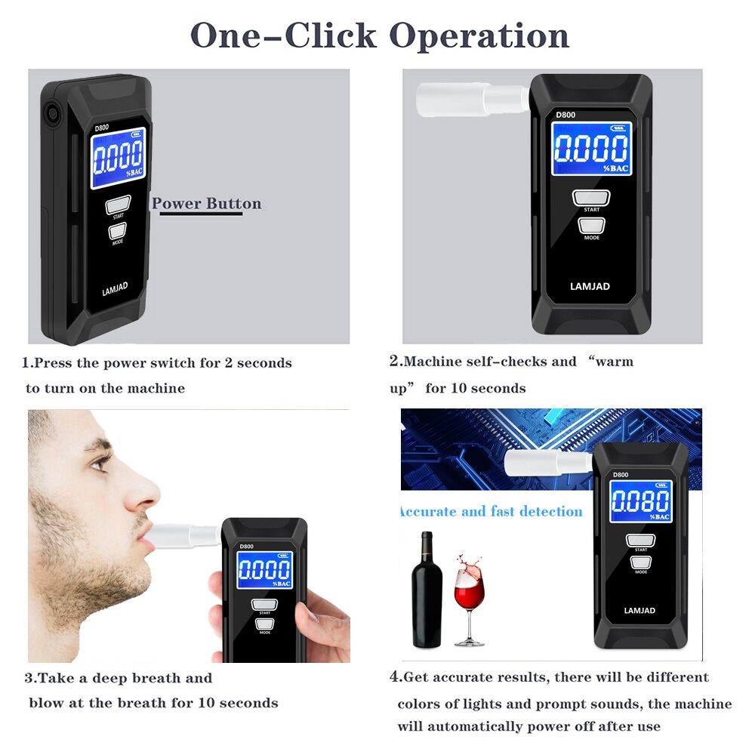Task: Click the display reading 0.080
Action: tap(641, 501)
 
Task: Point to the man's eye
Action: tap(100, 463)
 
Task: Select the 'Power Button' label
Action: tap(207, 204)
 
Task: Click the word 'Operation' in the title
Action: tap(479, 36)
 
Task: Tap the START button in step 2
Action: tap(591, 197)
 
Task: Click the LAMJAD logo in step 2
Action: tap(590, 286)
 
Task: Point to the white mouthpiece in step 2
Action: tap(473, 99)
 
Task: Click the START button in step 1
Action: tap(118, 205)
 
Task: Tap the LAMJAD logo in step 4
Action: tap(639, 611)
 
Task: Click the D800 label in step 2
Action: tap(565, 115)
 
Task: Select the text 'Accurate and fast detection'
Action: tap(492, 511)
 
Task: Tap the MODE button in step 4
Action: tap(641, 562)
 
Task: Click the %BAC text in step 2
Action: tap(616, 168)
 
